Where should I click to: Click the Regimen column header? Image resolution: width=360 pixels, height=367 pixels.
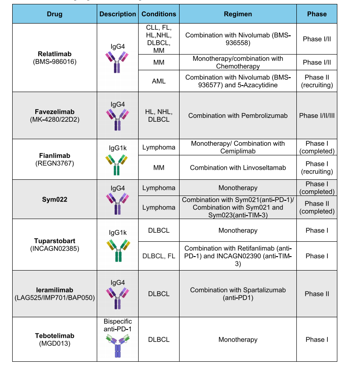(x=238, y=14)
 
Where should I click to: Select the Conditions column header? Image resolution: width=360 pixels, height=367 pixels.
(x=159, y=14)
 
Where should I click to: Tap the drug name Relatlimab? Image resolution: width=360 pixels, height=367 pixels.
(x=54, y=54)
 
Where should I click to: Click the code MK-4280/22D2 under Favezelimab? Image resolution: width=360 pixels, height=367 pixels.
(x=54, y=120)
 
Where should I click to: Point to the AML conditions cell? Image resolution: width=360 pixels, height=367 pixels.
(x=159, y=81)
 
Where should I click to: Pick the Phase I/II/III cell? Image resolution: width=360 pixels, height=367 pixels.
(x=316, y=116)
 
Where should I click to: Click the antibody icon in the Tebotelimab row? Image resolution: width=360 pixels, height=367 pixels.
(x=118, y=346)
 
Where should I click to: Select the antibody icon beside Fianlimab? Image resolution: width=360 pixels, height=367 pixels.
(x=118, y=165)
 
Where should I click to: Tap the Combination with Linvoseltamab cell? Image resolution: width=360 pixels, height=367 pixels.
(x=238, y=168)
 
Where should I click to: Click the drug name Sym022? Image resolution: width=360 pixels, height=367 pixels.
(x=54, y=199)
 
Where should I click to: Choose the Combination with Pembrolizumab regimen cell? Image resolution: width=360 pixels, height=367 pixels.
(x=238, y=116)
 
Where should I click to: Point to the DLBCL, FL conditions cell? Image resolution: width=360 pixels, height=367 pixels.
(x=159, y=256)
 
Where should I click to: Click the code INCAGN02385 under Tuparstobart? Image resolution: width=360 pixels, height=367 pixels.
(x=54, y=249)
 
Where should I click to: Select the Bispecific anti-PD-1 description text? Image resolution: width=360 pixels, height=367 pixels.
(x=118, y=325)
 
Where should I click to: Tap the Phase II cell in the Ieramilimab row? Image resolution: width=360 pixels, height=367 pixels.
(x=316, y=294)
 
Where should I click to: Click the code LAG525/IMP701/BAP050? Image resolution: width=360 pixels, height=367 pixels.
(x=54, y=298)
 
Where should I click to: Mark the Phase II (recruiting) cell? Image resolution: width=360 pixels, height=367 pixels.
(x=316, y=81)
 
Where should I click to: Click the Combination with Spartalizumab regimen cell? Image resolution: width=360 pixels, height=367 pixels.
(x=238, y=294)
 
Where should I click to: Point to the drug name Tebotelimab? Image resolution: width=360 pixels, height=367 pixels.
(x=54, y=336)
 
